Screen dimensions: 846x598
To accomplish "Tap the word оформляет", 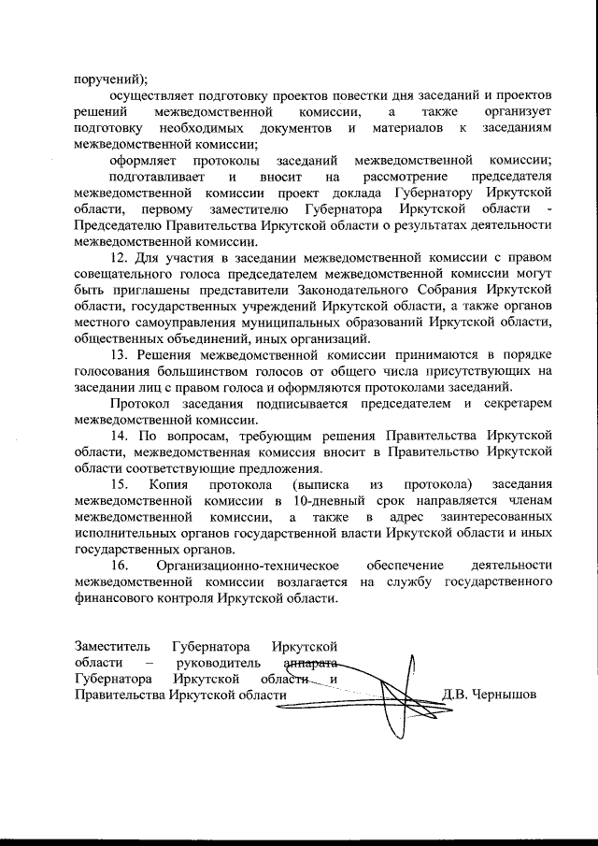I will (x=142, y=160).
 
